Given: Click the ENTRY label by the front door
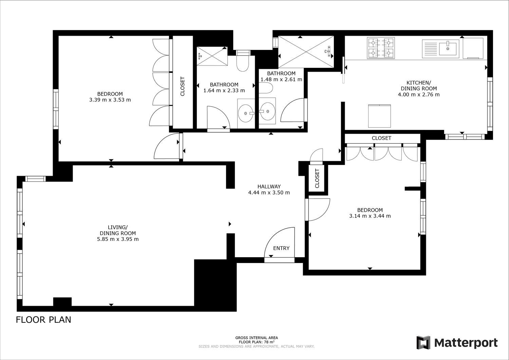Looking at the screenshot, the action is [281, 248].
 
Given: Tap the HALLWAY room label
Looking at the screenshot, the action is [269, 187].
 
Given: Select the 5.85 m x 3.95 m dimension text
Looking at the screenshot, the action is [118, 239].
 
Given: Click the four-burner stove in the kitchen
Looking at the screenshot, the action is [381, 48].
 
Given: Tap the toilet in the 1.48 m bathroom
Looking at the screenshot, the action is [266, 88].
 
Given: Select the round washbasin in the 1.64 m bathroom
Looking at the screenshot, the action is [246, 113].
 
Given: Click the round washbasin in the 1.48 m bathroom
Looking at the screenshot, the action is [267, 111].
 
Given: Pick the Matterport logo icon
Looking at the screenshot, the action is [423, 342].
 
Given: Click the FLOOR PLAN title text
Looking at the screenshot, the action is [43, 320].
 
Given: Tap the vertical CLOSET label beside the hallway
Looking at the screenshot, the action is [317, 178].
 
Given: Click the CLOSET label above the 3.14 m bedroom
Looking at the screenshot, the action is [381, 138].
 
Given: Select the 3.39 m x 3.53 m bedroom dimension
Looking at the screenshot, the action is [110, 100].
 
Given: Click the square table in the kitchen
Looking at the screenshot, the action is [379, 116].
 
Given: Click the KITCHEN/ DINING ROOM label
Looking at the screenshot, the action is [419, 86].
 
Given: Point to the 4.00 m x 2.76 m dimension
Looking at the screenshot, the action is [419, 94].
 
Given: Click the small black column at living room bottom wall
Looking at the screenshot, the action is [62, 302].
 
